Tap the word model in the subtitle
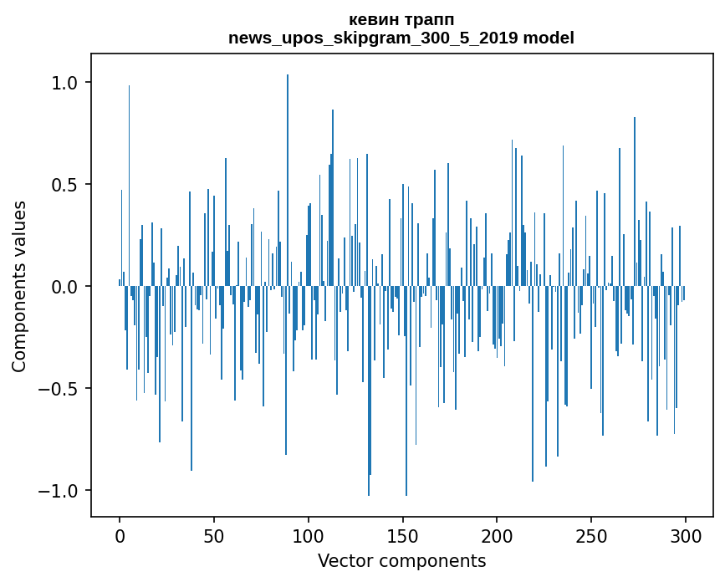tap(546, 38)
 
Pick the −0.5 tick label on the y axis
tap(59, 389)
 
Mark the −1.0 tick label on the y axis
tap(59, 491)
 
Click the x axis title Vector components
tap(401, 560)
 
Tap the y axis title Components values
tap(19, 286)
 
